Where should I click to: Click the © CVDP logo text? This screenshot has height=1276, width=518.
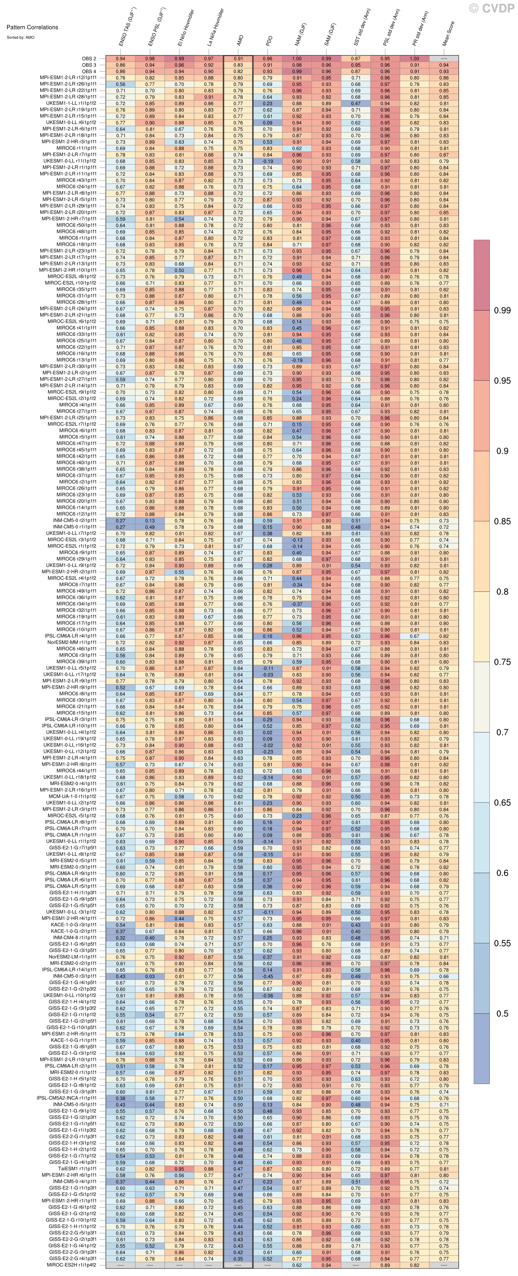[x=492, y=8]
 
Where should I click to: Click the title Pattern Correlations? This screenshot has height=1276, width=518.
[x=32, y=27]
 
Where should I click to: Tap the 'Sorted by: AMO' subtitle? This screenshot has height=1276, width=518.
[x=21, y=37]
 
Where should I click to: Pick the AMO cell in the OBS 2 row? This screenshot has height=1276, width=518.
[x=239, y=59]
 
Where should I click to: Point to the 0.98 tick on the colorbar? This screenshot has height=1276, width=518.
[x=502, y=311]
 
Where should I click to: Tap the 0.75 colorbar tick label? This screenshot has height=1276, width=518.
[x=502, y=662]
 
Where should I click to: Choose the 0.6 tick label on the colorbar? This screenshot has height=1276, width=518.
[x=502, y=873]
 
